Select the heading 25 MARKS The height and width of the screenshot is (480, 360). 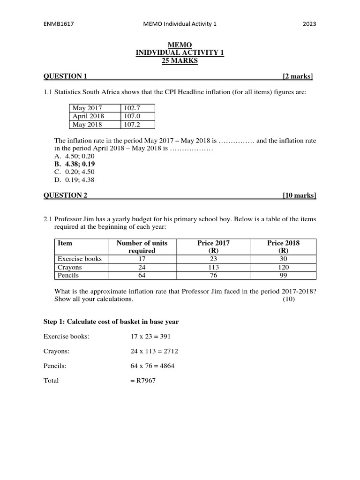pos(180,61)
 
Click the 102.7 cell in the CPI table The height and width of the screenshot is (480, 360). pos(133,107)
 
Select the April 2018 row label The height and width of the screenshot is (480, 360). pos(89,116)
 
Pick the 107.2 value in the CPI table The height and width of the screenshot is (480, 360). pos(133,124)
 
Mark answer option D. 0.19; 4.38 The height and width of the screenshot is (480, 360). pos(75,179)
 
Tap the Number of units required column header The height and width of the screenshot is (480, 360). pos(142,247)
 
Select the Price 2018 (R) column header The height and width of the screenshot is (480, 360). pos(284,247)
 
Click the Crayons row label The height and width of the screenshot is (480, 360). pos(70,267)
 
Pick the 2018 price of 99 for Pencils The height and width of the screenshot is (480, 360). pos(284,275)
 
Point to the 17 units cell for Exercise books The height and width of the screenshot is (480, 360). pos(142,259)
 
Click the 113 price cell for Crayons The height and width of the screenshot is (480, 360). pos(214,267)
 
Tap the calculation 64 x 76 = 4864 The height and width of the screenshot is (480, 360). pos(152,366)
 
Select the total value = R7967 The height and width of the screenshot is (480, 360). pos(143,381)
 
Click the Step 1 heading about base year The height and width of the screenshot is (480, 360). pos(111,322)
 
